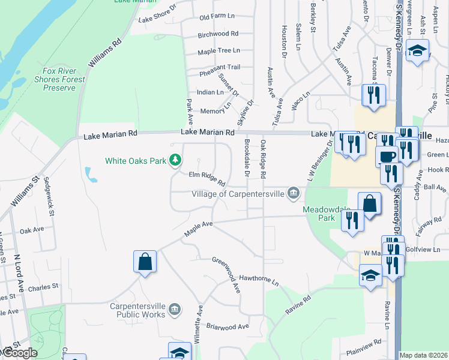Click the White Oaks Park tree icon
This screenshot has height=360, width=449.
click(x=175, y=160)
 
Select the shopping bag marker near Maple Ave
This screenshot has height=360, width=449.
click(x=145, y=262)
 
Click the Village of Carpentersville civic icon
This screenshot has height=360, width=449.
click(x=294, y=193)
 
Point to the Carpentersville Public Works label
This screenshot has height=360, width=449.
click(x=137, y=309)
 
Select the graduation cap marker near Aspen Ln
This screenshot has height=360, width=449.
click(x=417, y=50)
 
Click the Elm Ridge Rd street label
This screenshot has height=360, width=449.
click(x=206, y=178)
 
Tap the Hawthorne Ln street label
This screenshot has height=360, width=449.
click(x=259, y=280)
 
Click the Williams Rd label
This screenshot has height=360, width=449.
click(x=104, y=53)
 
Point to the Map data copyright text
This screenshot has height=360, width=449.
click(x=424, y=355)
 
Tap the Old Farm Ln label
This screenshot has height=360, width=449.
click(x=217, y=17)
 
